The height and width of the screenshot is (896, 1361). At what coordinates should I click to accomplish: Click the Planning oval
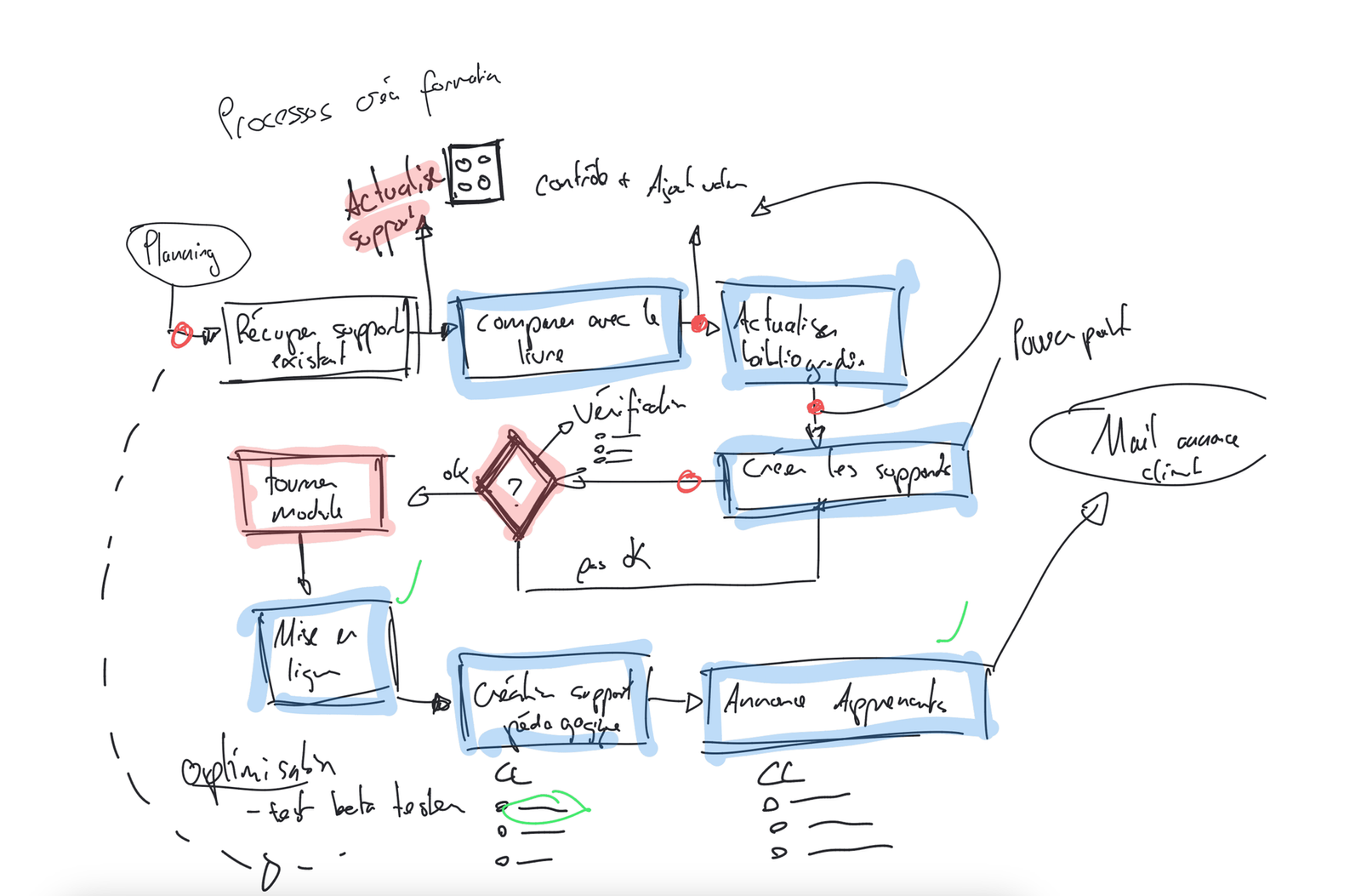pos(187,254)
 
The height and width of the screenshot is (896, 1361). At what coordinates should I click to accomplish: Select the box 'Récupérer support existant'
pos(319,340)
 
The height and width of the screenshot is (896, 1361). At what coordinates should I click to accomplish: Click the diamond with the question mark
pos(515,485)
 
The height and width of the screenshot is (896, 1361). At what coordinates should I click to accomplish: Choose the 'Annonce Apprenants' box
pos(846,703)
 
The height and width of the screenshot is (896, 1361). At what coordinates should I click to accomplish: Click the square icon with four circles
pos(475,173)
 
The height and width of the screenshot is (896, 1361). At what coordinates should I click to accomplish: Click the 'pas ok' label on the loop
pos(612,562)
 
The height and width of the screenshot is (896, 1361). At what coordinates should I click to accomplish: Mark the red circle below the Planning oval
pos(180,336)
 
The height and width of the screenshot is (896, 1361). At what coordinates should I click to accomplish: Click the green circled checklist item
pos(544,806)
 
